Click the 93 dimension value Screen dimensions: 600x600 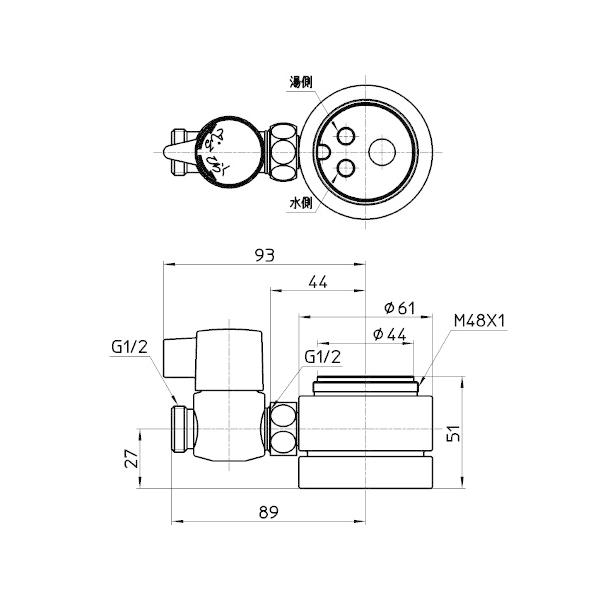point(264,256)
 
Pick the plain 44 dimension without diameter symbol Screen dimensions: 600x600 point(318,283)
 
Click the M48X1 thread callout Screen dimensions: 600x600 point(481,321)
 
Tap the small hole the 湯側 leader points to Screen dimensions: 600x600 point(346,135)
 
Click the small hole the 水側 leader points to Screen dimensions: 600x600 point(346,169)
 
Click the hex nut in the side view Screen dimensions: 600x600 point(281,428)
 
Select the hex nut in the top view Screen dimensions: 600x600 point(282,150)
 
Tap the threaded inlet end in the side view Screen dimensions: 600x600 point(182,427)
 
